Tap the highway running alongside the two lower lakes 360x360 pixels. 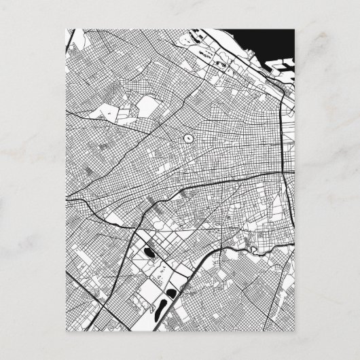(178, 299)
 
